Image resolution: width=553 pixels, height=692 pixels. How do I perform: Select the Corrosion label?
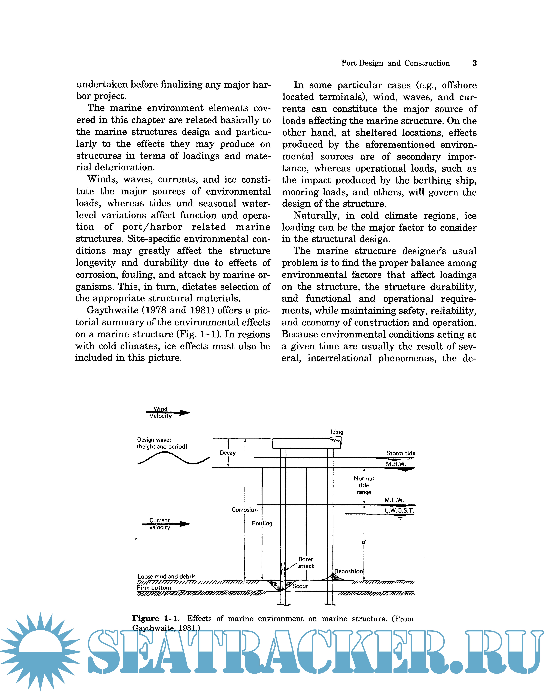(245, 510)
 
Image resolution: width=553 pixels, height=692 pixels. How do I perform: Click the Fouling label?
(262, 523)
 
